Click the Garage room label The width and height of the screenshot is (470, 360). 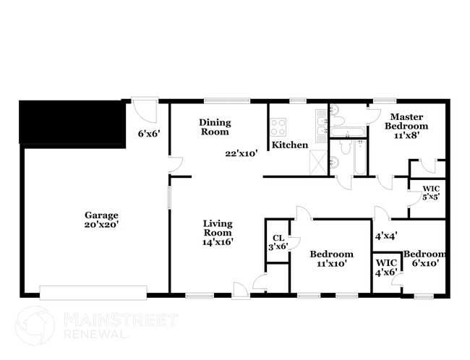tap(101, 215)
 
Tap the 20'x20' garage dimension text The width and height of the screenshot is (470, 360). tap(101, 225)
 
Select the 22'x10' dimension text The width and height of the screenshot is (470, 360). tap(242, 153)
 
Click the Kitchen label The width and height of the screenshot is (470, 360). tap(290, 145)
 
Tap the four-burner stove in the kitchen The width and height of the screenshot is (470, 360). tap(279, 127)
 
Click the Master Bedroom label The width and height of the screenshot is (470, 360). tap(406, 121)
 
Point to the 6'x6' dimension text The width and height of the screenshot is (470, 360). tap(148, 133)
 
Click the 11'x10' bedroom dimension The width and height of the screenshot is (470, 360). tap(331, 264)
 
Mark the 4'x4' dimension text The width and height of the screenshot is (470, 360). tap(385, 236)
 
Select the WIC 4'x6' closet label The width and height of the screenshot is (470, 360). tap(385, 266)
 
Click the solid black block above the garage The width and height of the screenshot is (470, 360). tap(72, 123)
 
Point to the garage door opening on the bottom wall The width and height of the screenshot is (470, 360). tap(93, 292)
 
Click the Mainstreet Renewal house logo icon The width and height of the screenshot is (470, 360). tap(35, 325)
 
